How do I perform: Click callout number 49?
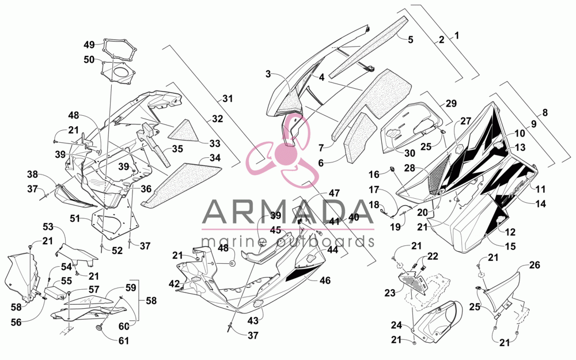[x=89, y=45]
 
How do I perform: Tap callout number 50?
[x=89, y=59]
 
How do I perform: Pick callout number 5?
[x=411, y=39]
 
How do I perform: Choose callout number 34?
[x=215, y=158]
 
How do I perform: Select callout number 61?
[x=124, y=340]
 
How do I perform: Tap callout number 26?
[x=535, y=264]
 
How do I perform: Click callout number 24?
[x=396, y=325]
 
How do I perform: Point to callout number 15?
[x=510, y=246]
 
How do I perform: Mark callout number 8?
[x=545, y=112]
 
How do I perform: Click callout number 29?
[x=451, y=103]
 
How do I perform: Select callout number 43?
[x=253, y=321]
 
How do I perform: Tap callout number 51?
[x=75, y=218]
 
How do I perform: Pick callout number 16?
[x=374, y=174]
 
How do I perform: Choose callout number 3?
[x=268, y=74]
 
